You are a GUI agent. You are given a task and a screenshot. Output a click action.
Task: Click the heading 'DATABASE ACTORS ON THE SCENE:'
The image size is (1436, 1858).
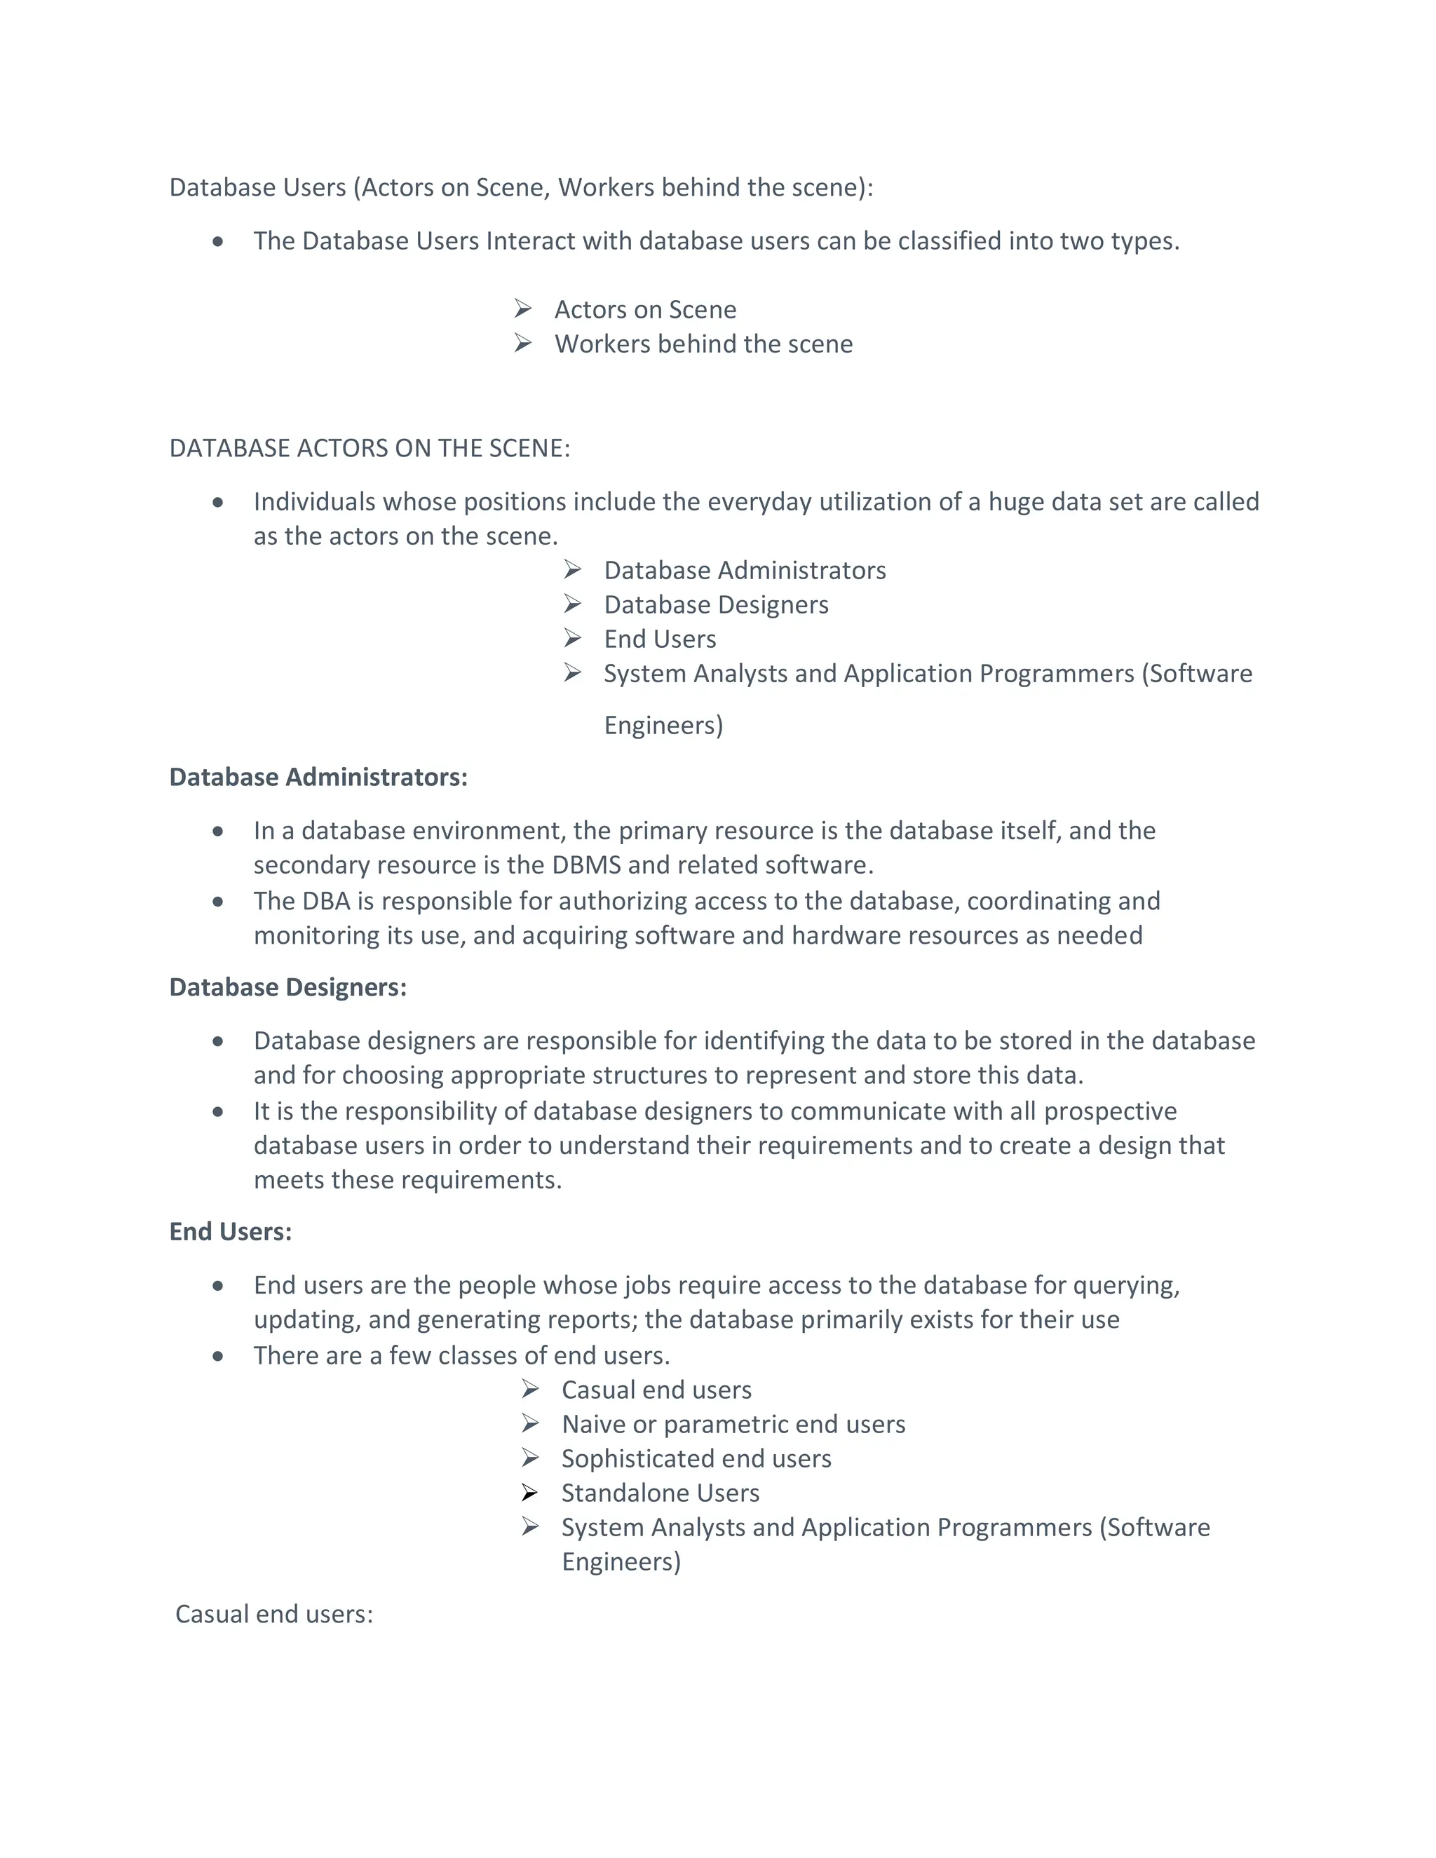point(370,448)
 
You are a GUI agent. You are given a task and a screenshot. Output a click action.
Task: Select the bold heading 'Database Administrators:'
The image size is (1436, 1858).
point(318,777)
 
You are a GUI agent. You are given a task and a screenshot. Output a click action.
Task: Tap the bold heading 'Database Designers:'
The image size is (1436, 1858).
point(287,987)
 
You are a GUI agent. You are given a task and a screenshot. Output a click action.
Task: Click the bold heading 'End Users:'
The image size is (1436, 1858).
point(230,1231)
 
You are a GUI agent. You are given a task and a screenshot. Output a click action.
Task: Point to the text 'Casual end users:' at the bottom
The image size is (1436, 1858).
point(274,1614)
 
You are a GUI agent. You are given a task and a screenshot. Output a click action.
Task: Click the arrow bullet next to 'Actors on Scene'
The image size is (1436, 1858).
point(523,308)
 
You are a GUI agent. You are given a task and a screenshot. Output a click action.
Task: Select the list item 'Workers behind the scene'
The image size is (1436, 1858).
point(703,344)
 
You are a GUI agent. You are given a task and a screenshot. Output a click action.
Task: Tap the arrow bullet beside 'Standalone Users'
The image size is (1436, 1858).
point(530,1492)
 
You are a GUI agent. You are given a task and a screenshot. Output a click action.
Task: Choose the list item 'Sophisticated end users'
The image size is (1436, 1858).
point(696,1458)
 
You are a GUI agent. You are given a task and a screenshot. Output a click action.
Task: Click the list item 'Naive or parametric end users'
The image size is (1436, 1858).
point(733,1424)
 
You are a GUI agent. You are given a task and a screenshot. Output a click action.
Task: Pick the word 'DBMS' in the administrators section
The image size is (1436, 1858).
point(586,865)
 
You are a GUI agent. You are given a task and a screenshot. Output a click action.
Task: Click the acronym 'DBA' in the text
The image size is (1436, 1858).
point(326,901)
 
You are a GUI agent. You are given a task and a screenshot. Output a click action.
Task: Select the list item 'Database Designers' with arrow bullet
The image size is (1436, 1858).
point(715,605)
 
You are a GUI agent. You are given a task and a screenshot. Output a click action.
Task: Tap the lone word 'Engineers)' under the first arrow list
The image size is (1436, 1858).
point(663,726)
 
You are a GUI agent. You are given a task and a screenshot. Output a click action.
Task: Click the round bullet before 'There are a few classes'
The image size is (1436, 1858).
point(218,1356)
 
